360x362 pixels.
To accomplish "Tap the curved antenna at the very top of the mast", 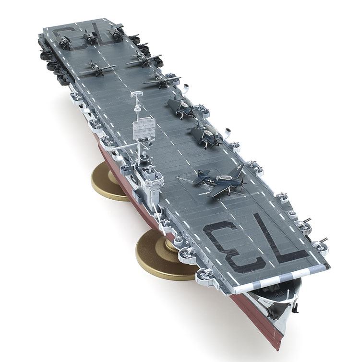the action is tap(137, 94).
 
